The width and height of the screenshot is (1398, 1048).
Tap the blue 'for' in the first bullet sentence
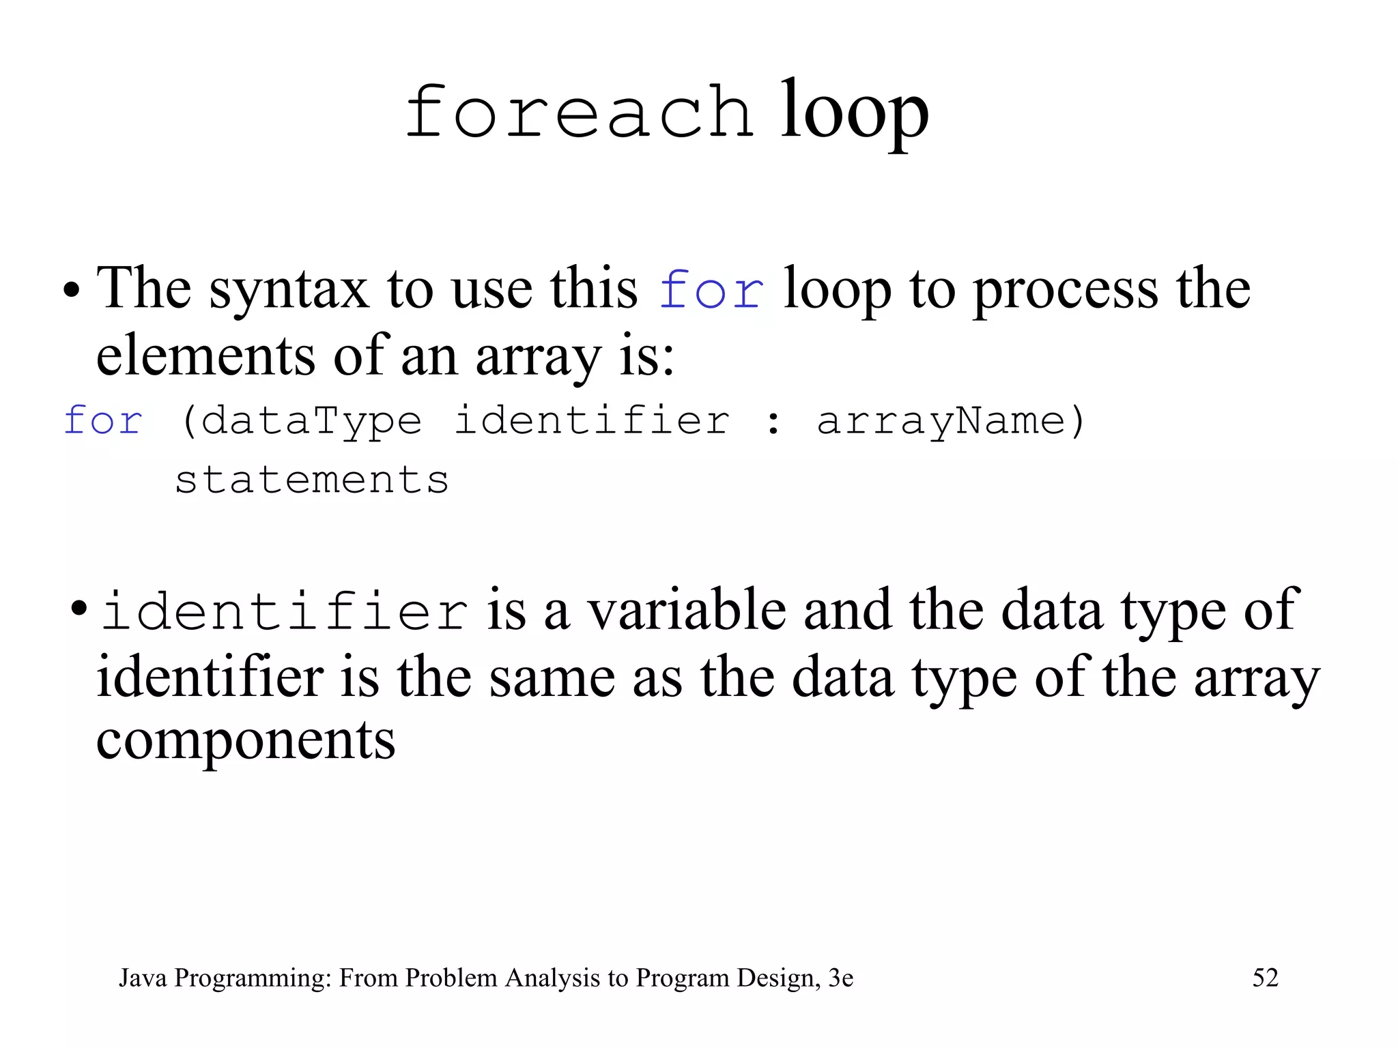711,290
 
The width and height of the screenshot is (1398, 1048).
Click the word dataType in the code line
311,421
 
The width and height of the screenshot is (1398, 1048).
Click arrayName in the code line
941,421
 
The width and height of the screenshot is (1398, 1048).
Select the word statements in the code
312,480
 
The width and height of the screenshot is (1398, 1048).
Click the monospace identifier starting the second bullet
284,611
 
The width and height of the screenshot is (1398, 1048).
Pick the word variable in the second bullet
687,610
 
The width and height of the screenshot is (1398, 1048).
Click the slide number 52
1265,978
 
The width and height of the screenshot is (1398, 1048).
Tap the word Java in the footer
143,978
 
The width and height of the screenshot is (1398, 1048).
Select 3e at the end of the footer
840,978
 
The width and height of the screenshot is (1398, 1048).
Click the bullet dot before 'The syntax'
71,292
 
